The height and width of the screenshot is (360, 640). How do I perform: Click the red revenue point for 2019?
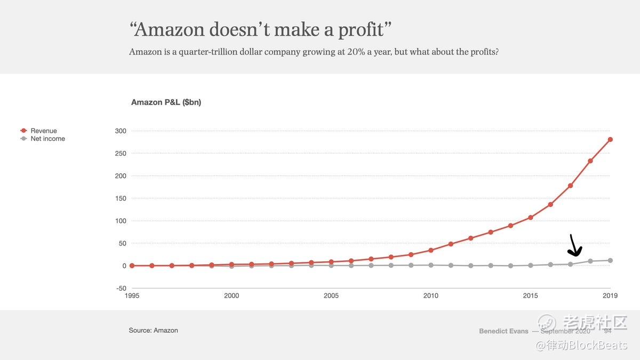pos(610,140)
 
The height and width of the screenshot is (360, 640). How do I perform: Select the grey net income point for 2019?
pos(610,260)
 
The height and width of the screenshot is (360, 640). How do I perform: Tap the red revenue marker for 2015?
pos(531,218)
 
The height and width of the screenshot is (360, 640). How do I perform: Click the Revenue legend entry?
pos(43,131)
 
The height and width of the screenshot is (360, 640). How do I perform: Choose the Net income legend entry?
pos(47,139)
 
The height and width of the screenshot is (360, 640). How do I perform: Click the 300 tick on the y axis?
pos(121,131)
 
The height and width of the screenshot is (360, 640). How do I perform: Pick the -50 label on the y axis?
pos(121,288)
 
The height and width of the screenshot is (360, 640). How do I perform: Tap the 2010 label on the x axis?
pos(431,295)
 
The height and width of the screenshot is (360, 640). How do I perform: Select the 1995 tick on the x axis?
pos(132,295)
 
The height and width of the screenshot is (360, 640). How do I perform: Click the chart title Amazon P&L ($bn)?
pos(166,102)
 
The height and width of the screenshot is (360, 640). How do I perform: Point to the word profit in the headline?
pos(361,29)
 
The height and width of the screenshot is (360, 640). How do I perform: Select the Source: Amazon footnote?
pos(153,331)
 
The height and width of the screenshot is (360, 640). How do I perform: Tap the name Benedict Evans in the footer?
pos(503,331)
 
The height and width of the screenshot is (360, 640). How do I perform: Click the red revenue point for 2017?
pos(571,186)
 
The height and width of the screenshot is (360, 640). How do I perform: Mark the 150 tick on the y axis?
pos(121,198)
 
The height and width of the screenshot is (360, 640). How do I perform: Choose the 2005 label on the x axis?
pos(331,295)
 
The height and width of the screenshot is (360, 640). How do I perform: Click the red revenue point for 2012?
pos(470,238)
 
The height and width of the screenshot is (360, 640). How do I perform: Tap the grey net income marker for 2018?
pos(590,261)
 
